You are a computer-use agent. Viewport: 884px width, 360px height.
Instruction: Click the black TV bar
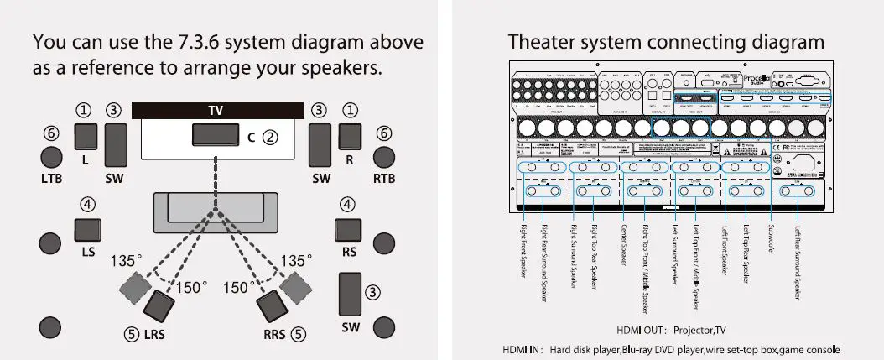(x=217, y=111)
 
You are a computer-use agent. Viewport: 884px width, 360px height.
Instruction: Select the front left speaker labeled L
(x=87, y=136)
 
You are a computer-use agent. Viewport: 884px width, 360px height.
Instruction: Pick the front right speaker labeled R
(x=350, y=136)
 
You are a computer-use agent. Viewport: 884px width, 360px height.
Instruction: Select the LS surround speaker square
(x=88, y=231)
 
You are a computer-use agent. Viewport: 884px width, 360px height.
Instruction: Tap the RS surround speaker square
(x=347, y=231)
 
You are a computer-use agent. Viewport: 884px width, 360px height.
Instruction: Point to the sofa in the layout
(x=217, y=211)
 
